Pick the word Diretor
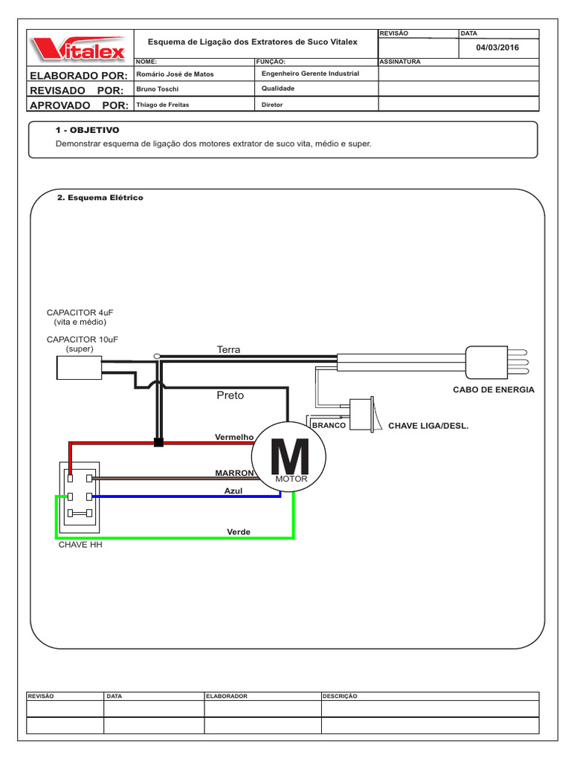[273, 105]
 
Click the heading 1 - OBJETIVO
[88, 130]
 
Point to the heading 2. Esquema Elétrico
[100, 198]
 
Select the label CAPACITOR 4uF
[80, 313]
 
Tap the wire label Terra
[228, 349]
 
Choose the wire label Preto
[230, 395]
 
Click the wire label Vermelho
[234, 437]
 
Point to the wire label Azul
[233, 491]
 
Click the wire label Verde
[239, 532]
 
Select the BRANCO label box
[329, 425]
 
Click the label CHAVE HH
[80, 545]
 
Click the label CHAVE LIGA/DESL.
[428, 427]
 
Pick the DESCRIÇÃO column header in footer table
[341, 696]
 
